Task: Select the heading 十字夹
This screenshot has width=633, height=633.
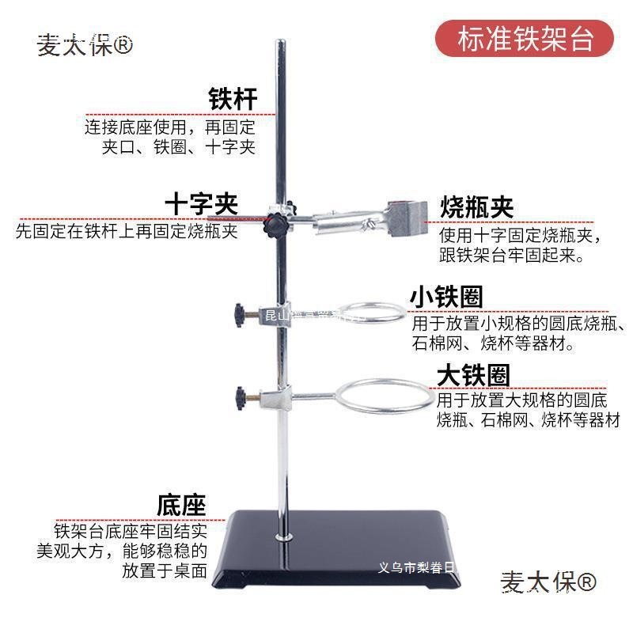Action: click(x=201, y=204)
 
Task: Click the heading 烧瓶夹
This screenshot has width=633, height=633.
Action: click(x=476, y=207)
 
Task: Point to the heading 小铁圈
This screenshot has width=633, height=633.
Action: click(x=446, y=297)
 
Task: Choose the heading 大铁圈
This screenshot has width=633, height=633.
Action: click(x=473, y=375)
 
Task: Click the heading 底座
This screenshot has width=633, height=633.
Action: click(x=181, y=504)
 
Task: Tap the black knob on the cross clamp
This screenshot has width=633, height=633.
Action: click(x=275, y=222)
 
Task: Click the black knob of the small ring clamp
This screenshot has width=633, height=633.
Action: click(x=238, y=315)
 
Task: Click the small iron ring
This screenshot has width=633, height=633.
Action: click(x=367, y=312)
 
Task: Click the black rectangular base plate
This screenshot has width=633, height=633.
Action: click(x=332, y=554)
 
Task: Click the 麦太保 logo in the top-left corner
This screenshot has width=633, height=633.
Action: click(x=85, y=45)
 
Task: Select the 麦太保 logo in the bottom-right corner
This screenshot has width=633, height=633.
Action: click(x=548, y=583)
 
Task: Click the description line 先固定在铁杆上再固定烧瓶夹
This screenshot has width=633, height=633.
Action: click(x=127, y=233)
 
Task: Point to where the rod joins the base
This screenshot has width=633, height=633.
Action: click(x=282, y=538)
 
